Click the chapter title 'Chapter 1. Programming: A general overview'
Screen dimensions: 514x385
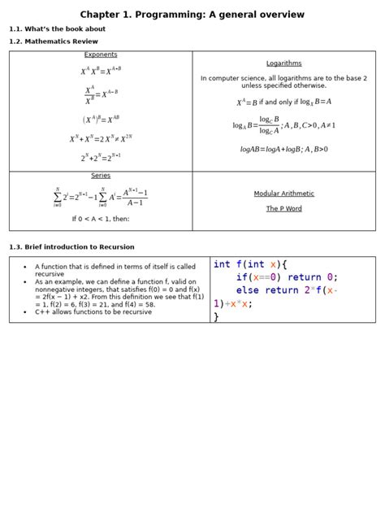click(x=192, y=15)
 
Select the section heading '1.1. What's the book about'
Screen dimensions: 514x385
click(x=57, y=28)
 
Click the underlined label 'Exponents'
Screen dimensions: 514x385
click(x=101, y=55)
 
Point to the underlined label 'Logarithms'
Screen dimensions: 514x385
click(x=283, y=63)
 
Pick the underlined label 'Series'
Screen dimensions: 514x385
click(x=101, y=176)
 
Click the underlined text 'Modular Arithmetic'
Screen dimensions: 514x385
click(x=283, y=194)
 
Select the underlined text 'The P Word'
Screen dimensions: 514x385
click(x=283, y=208)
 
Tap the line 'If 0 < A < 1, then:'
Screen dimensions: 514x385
click(x=101, y=219)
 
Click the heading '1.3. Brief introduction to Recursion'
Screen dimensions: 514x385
click(x=71, y=246)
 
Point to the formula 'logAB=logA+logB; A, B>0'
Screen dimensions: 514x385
click(x=283, y=150)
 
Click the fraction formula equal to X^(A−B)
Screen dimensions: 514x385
click(x=101, y=96)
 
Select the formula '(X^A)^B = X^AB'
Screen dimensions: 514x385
click(x=101, y=120)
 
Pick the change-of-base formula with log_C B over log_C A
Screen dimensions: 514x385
click(x=283, y=124)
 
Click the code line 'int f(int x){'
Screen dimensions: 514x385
click(x=250, y=264)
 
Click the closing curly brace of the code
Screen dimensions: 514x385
click(x=216, y=316)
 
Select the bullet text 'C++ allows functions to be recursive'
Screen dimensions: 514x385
click(x=93, y=311)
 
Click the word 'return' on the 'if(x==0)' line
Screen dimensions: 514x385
click(x=304, y=277)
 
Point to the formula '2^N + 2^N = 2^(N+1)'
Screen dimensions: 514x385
click(x=101, y=158)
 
